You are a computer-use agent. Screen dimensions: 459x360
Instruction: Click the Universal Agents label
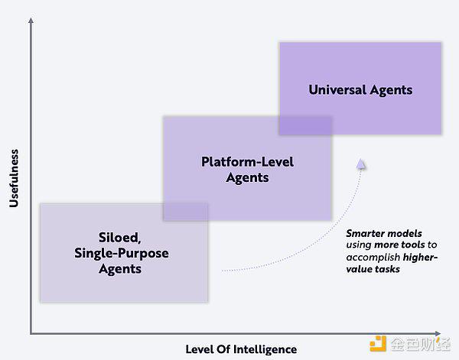coord(360,90)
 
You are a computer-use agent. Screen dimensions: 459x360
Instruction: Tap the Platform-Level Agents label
coord(247,170)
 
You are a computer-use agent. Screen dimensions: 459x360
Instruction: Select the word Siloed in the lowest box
coord(120,237)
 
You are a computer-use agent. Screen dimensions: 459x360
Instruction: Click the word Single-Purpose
coord(121,253)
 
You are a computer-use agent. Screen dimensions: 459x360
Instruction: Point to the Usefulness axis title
coord(14,178)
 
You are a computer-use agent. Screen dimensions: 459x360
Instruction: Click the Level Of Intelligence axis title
coord(241,349)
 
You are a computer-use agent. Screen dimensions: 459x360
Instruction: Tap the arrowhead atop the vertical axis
coord(31,20)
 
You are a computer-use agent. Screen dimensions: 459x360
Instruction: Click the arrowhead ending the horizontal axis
coord(438,333)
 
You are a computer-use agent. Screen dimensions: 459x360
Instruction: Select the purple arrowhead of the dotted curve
coord(361,164)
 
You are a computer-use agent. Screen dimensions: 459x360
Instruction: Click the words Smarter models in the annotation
coord(384,233)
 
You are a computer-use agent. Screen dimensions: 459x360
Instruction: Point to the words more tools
coord(399,245)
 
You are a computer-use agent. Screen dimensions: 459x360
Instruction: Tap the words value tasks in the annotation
coord(373,269)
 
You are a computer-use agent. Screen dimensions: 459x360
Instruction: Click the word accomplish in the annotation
coord(373,258)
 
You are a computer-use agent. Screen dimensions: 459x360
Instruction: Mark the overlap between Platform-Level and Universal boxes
coord(305,126)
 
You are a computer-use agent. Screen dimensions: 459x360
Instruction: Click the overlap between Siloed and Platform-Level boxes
coord(186,212)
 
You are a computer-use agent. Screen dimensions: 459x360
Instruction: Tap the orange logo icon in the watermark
coord(378,344)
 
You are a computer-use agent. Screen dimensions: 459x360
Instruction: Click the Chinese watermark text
coord(420,344)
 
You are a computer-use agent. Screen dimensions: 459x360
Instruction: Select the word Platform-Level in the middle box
coord(247,162)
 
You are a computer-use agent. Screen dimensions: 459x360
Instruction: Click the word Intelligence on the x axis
coord(265,349)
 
